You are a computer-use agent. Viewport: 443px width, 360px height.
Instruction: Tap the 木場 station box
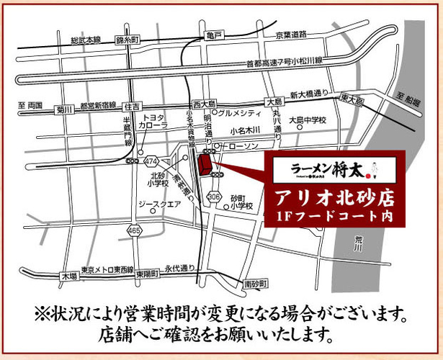[x=69, y=276]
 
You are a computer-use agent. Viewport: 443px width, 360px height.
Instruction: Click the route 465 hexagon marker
[x=135, y=230]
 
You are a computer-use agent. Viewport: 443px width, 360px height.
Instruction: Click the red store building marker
[x=204, y=166]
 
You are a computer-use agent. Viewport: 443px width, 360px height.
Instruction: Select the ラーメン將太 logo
[x=326, y=170]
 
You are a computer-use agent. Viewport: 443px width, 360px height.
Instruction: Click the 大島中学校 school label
[x=312, y=120]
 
